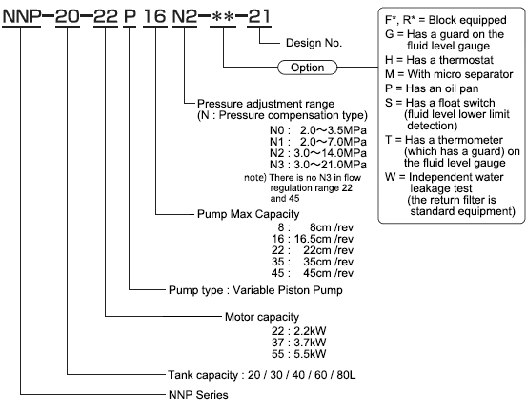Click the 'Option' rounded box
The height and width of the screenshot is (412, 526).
(x=307, y=68)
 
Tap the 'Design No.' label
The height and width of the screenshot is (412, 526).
(x=314, y=43)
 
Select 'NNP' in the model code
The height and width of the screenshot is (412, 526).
(x=22, y=16)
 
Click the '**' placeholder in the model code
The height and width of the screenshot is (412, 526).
(x=223, y=17)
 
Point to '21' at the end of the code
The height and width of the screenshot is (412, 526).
(x=258, y=16)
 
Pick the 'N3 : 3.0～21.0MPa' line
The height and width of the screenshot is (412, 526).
(x=318, y=165)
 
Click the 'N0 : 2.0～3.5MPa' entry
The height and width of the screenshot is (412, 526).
(x=318, y=130)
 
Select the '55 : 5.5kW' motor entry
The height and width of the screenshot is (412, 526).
(x=298, y=354)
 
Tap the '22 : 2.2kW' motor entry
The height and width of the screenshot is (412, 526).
(x=298, y=331)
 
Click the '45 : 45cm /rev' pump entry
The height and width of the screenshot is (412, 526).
(x=313, y=273)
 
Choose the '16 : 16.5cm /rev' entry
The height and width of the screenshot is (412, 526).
(x=313, y=239)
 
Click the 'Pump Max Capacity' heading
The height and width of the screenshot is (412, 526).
(x=249, y=214)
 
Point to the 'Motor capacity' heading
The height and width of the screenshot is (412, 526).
(x=262, y=317)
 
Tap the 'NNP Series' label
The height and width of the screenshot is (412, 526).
(x=198, y=395)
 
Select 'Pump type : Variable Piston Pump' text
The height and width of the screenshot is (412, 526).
(x=255, y=290)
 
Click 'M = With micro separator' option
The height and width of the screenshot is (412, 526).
(x=449, y=74)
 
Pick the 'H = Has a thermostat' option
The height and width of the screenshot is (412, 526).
(x=439, y=60)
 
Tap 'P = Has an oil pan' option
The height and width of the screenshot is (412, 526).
(x=432, y=88)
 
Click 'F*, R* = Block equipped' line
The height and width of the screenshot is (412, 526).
(x=446, y=20)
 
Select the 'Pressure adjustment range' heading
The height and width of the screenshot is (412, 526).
(x=266, y=104)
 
